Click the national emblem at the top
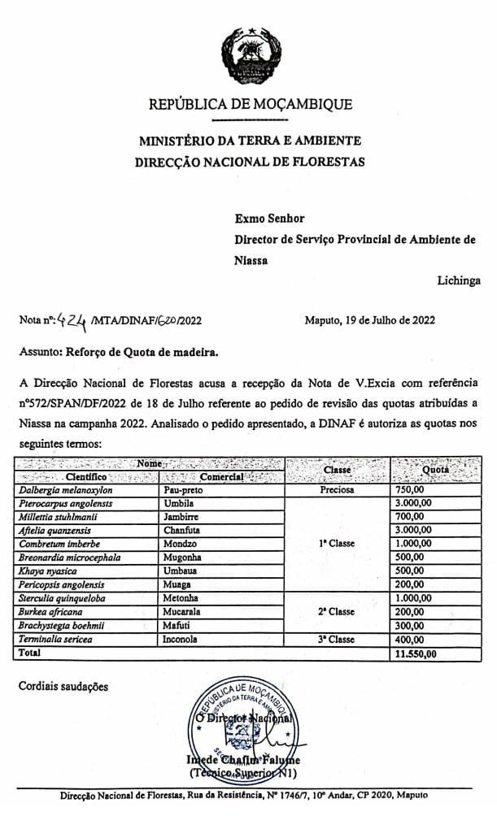[251, 57]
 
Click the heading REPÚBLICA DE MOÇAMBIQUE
[251, 104]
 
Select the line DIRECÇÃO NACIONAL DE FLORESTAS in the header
[250, 162]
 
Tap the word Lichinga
[458, 280]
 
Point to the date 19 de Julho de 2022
[370, 320]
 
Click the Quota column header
[436, 470]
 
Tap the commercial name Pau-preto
[184, 490]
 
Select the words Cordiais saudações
[63, 687]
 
